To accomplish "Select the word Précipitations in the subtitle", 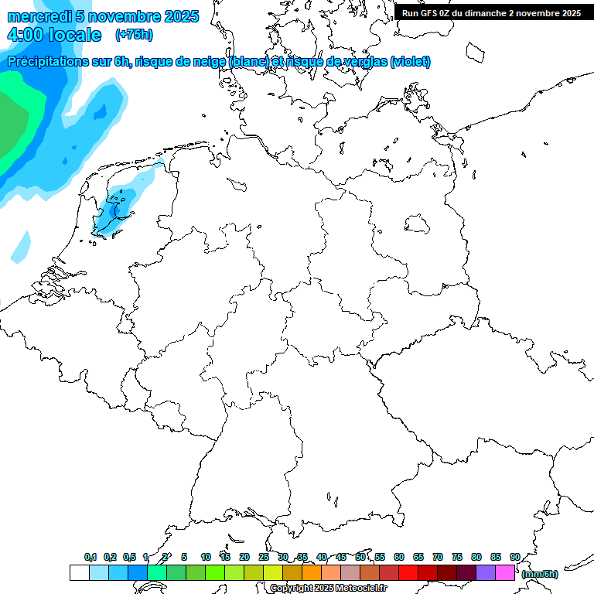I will pyautogui.click(x=46, y=62).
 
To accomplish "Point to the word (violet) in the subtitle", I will pyautogui.click(x=411, y=62).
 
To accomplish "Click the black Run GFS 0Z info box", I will pyautogui.click(x=491, y=12).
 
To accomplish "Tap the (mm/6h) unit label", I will pyautogui.click(x=540, y=574).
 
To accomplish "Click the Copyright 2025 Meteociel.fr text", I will pyautogui.click(x=329, y=589).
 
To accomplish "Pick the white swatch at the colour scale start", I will pyautogui.click(x=79, y=573).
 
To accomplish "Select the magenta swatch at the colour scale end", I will pyautogui.click(x=505, y=573).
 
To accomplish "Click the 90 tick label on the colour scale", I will pyautogui.click(x=514, y=557).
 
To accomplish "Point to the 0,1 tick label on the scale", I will pyautogui.click(x=90, y=557).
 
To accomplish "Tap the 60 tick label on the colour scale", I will pyautogui.click(x=399, y=557).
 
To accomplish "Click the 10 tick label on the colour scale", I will pyautogui.click(x=206, y=557).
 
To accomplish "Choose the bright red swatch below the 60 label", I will pyautogui.click(x=408, y=573).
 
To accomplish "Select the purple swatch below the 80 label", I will pyautogui.click(x=486, y=573).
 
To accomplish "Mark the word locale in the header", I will pyautogui.click(x=74, y=35).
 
